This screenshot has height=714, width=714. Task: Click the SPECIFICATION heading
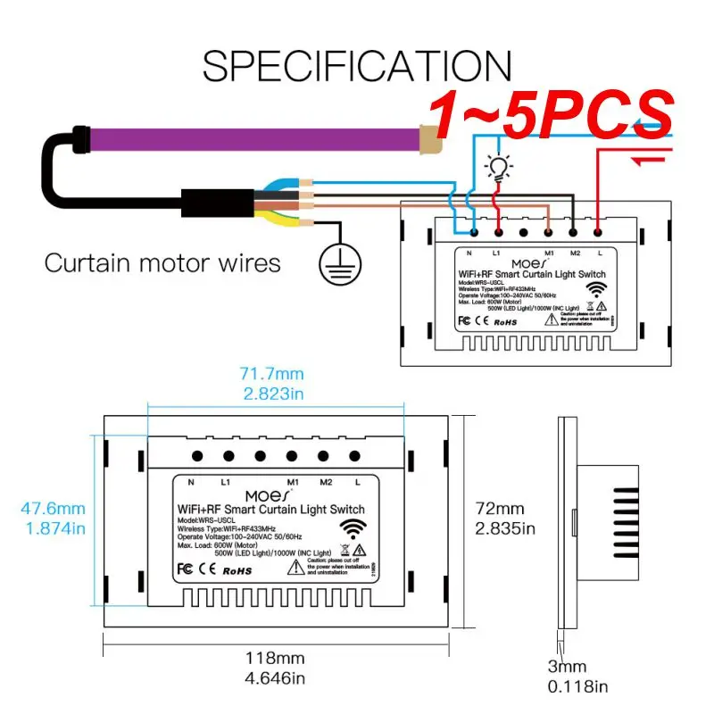(x=357, y=67)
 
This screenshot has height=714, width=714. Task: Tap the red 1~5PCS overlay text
(x=551, y=114)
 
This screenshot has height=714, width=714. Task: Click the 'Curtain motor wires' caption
(x=162, y=263)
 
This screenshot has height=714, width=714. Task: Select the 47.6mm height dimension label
(x=53, y=510)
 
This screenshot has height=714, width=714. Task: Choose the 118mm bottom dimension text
(x=276, y=660)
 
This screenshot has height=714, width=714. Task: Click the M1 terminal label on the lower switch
(x=292, y=482)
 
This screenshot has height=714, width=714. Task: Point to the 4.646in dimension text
(x=276, y=678)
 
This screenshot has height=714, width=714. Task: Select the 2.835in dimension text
(x=505, y=528)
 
